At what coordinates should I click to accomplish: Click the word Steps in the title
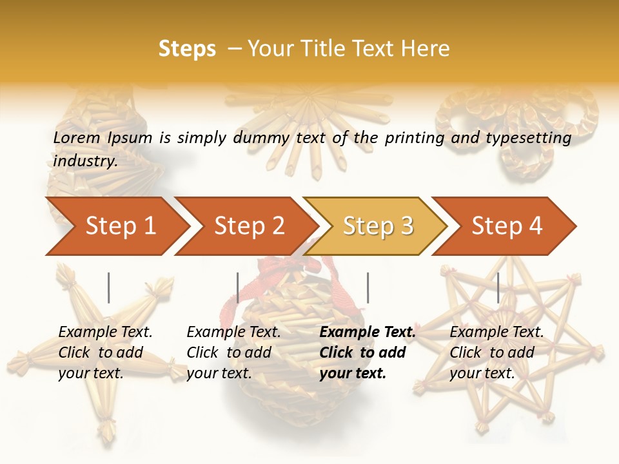(187, 49)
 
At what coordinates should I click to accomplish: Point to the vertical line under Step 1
(109, 287)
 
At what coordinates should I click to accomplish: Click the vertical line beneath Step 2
(238, 287)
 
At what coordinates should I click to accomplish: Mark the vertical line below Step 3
(368, 287)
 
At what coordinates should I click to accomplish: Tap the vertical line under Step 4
(498, 287)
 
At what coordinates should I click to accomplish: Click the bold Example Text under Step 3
(368, 333)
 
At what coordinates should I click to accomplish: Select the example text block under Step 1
(105, 353)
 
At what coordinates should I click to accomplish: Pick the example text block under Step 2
(233, 353)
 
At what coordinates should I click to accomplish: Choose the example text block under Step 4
(496, 353)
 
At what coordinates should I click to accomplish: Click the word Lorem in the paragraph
(77, 137)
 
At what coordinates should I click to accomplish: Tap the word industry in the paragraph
(85, 160)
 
